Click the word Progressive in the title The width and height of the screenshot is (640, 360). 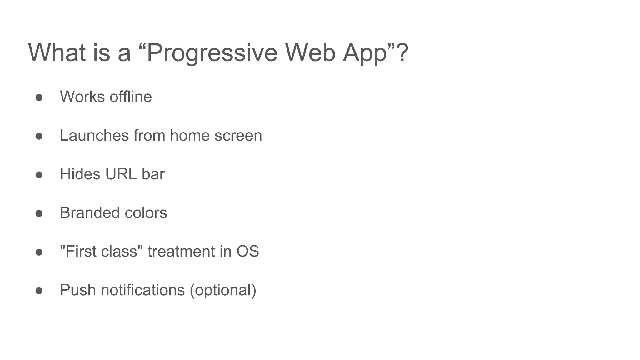(212, 53)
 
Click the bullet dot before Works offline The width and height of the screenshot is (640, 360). (39, 97)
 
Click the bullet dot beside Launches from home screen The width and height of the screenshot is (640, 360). (39, 136)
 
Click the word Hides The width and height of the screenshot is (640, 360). (80, 174)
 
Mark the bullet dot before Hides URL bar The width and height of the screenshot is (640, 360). (39, 175)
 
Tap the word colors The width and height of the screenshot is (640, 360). (146, 213)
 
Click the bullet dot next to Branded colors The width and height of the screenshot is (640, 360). (39, 214)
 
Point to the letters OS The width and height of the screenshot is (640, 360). (247, 252)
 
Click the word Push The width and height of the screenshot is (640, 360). (78, 290)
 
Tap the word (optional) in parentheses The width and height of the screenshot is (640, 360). (223, 291)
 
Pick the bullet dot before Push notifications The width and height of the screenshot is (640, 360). (39, 291)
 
